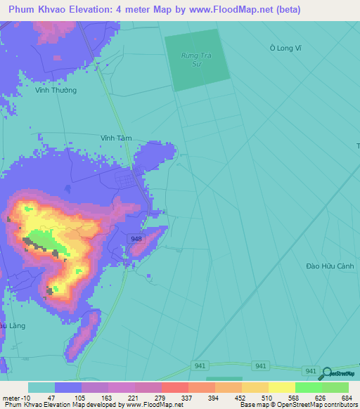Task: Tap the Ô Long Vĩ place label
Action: (285, 48)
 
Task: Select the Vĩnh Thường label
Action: (57, 90)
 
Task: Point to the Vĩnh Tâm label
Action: (116, 138)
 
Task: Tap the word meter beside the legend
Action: (10, 398)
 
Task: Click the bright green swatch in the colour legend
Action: (308, 387)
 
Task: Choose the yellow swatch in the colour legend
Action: (281, 387)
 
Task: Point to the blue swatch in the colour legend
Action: (68, 387)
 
